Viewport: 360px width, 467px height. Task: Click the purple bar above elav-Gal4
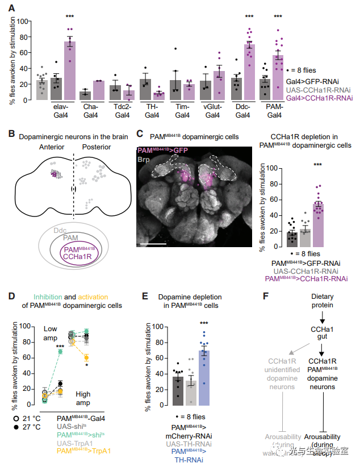pos(70,70)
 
